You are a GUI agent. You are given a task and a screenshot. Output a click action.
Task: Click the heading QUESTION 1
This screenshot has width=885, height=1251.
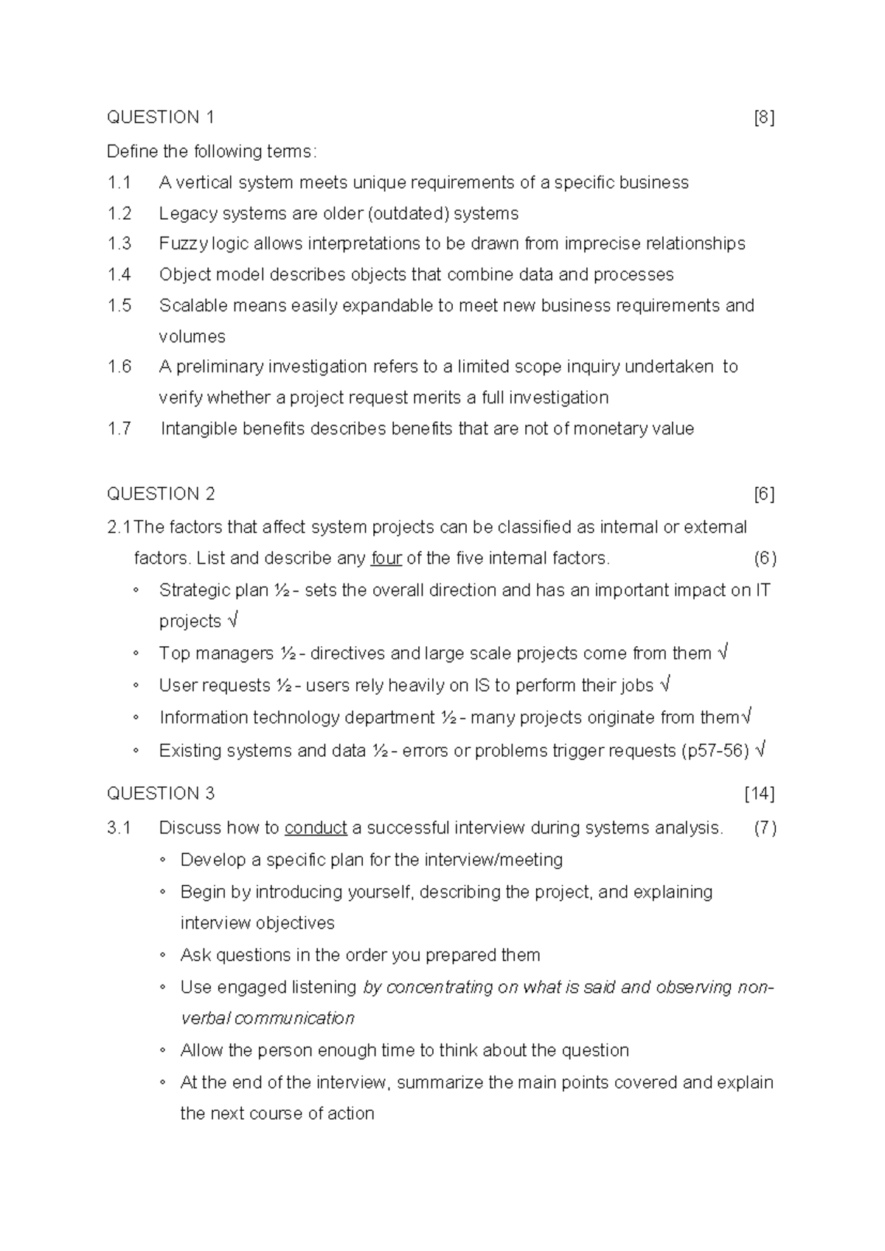(x=161, y=117)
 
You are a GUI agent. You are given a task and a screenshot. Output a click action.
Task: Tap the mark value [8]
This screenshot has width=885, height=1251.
(x=764, y=117)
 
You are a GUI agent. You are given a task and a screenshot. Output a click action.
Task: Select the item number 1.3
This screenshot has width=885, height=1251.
(x=119, y=243)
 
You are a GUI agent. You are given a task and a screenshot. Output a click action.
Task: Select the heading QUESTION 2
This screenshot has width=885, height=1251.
(x=161, y=493)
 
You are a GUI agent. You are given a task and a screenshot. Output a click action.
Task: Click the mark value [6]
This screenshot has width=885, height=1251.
(x=764, y=493)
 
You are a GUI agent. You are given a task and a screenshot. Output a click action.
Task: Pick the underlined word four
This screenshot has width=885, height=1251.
(x=386, y=558)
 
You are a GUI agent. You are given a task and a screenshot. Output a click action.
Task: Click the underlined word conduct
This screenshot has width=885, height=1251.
(x=316, y=828)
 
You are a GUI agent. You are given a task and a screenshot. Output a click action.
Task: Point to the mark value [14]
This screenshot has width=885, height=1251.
(x=760, y=794)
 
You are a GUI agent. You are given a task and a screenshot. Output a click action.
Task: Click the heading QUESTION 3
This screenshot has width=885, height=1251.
(x=161, y=794)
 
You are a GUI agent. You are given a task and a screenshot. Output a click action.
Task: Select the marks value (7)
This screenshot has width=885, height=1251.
(x=765, y=828)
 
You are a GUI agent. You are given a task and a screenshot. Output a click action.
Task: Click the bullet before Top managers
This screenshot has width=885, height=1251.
(x=136, y=654)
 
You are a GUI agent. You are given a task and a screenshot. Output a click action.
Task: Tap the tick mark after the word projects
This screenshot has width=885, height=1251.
(x=232, y=621)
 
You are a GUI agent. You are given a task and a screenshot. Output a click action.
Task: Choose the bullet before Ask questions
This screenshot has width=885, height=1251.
(x=162, y=955)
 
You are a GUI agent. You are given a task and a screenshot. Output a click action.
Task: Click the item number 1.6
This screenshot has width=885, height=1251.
(x=119, y=367)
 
